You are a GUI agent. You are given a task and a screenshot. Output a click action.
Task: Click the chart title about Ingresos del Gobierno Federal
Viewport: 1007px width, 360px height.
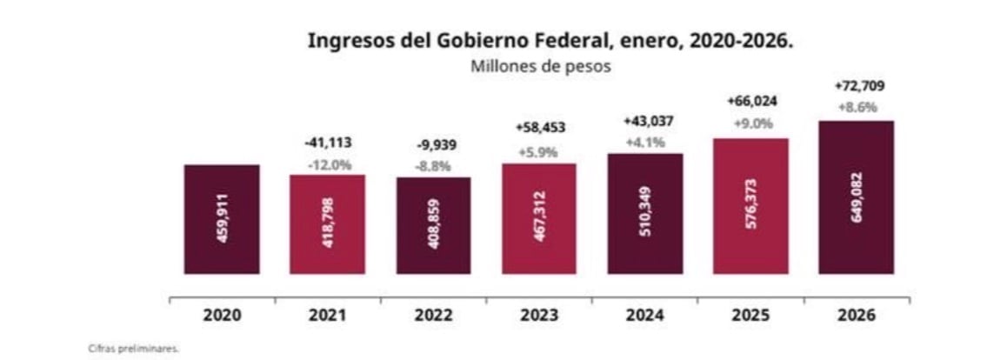pyautogui.click(x=550, y=41)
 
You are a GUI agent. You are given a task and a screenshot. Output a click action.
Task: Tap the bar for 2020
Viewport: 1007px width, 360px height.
pyautogui.click(x=222, y=219)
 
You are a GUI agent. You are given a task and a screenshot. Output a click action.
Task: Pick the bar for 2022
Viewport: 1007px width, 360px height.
pyautogui.click(x=433, y=225)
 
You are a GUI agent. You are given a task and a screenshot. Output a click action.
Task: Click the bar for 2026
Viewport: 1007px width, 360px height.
pyautogui.click(x=856, y=197)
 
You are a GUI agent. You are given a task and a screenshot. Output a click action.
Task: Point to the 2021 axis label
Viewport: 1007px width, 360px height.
pyautogui.click(x=328, y=315)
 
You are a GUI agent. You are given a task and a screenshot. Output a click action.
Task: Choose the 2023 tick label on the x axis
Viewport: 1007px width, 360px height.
pyautogui.click(x=538, y=315)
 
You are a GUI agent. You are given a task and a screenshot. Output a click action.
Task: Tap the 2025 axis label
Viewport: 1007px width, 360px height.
pyautogui.click(x=750, y=315)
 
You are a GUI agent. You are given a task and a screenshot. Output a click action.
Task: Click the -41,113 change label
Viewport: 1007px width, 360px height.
pyautogui.click(x=328, y=143)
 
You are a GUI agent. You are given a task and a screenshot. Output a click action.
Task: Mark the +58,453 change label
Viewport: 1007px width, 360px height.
pyautogui.click(x=538, y=128)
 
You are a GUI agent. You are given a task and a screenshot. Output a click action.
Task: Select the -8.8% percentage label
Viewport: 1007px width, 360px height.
pyautogui.click(x=432, y=166)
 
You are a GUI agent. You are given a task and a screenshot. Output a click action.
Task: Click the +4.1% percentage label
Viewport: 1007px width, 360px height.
pyautogui.click(x=644, y=142)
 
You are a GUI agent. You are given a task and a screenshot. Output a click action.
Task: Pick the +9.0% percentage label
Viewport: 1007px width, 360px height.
pyautogui.click(x=750, y=123)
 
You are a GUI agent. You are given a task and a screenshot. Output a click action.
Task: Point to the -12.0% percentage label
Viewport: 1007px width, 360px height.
pyautogui.click(x=328, y=164)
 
